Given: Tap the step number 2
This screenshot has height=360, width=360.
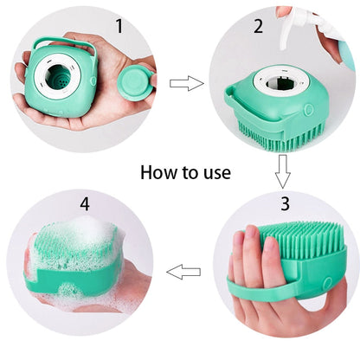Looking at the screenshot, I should (x=257, y=26).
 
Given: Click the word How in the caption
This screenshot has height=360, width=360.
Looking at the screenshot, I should (x=159, y=172).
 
